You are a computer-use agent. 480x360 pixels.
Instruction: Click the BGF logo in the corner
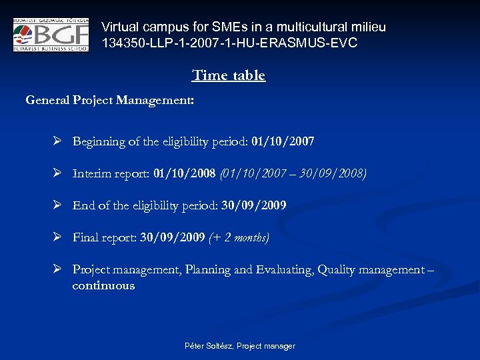(x=51, y=35)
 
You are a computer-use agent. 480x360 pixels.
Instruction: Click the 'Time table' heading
(x=229, y=75)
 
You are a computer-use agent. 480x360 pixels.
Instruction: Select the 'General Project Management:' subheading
(x=110, y=101)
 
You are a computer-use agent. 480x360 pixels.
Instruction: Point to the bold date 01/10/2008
(x=184, y=174)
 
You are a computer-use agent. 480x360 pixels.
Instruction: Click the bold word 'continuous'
(x=103, y=286)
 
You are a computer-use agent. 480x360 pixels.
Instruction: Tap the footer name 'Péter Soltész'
(x=206, y=346)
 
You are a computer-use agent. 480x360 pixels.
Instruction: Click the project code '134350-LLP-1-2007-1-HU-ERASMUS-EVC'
(x=229, y=43)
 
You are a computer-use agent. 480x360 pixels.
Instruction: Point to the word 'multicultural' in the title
(x=317, y=27)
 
